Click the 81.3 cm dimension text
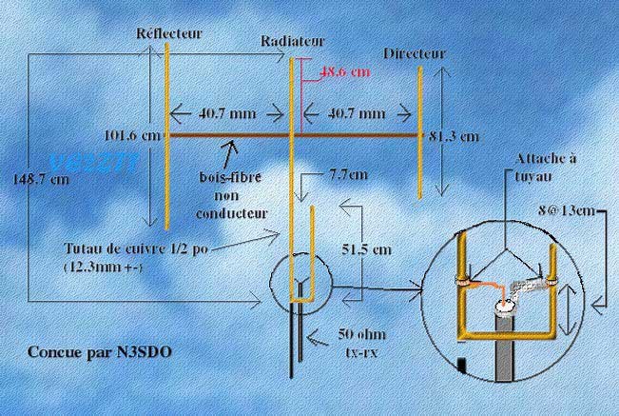pyautogui.click(x=455, y=136)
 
